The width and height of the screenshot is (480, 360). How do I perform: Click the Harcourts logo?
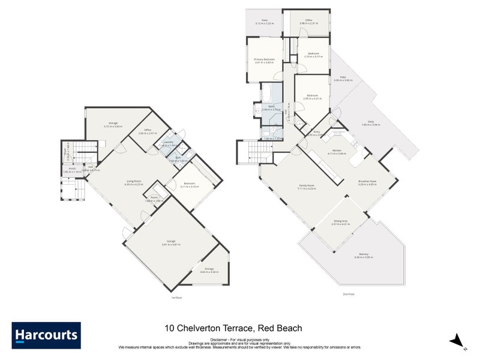46,335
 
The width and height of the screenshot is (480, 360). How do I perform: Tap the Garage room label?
171,243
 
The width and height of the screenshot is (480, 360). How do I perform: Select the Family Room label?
307,187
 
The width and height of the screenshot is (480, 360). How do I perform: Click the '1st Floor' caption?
176,296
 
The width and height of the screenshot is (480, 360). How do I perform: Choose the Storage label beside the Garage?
209,270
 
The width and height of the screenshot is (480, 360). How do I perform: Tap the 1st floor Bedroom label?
190,184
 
